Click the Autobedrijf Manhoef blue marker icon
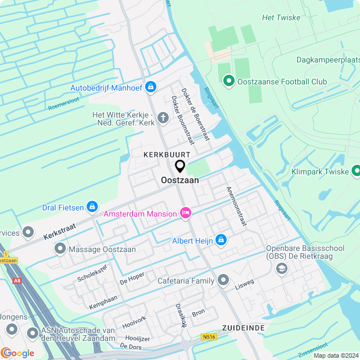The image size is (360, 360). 150,87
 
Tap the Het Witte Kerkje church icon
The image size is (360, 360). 163,118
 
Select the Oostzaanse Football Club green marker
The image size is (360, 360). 228,82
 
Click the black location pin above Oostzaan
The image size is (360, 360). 180,166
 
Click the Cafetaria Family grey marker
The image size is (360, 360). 223,280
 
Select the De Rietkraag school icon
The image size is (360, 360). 280,269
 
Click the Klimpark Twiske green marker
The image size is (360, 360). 356,170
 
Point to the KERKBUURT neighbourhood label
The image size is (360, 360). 166,154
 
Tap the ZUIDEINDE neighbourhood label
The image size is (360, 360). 243,327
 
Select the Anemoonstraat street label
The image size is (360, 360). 236,206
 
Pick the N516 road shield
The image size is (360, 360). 208,337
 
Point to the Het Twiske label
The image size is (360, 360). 281,17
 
